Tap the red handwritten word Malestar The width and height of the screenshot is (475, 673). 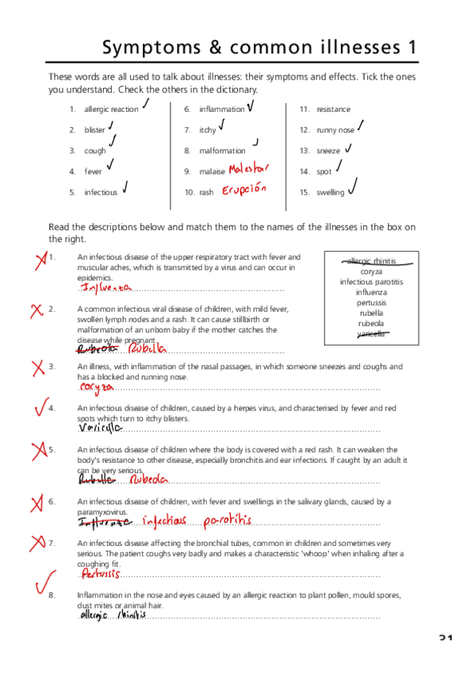point(248,168)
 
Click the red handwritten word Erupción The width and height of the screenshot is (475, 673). point(243,191)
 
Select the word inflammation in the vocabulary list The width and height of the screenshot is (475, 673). point(221,110)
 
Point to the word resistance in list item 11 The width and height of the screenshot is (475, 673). point(333,110)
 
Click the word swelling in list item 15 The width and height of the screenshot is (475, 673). point(330,192)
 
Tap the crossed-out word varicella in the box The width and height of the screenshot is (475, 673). point(370,334)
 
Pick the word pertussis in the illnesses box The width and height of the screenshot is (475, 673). point(371,302)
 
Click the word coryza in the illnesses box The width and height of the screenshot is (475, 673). point(371,271)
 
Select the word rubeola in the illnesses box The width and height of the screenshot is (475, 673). point(371,323)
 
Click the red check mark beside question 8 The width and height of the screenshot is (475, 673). point(44,582)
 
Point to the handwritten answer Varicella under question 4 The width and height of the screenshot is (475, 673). point(101,428)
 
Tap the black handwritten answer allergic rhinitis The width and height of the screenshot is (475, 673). point(113,615)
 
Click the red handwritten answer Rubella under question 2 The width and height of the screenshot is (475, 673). point(148,348)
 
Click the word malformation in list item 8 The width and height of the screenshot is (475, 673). point(222,151)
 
